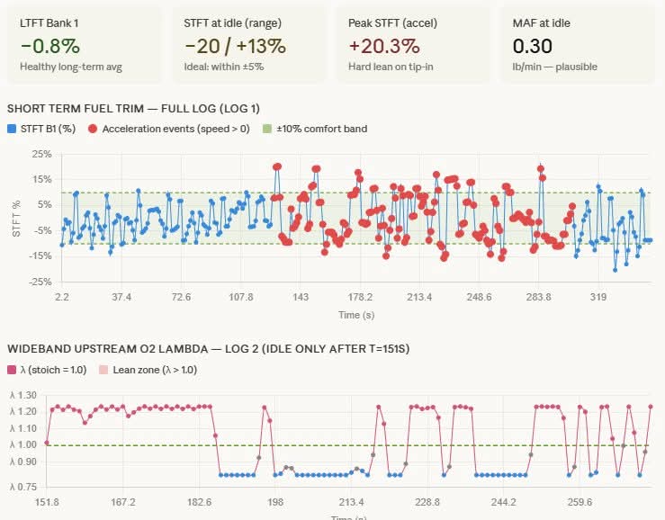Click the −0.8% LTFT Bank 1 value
pos(49,46)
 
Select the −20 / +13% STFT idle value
pos(235,46)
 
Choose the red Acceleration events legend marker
pos(93,129)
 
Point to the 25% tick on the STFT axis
pos(40,155)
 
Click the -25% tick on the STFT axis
pos(39,282)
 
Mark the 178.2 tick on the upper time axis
pos(360,297)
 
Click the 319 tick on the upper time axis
pos(598,297)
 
